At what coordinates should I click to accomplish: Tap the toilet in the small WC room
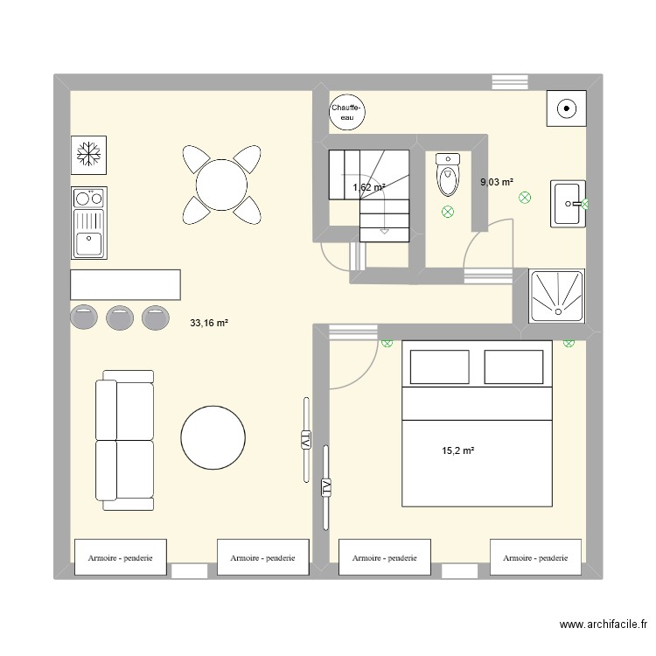(447, 176)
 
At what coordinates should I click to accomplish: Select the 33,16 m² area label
(209, 323)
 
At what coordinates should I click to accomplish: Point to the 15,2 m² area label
(457, 451)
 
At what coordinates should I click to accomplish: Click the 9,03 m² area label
(496, 182)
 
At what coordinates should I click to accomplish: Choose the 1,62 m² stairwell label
(368, 187)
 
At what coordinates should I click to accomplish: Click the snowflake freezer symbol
(87, 155)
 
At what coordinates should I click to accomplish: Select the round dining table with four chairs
(221, 184)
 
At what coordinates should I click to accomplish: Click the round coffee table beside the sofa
(213, 437)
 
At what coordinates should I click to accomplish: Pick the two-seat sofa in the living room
(125, 440)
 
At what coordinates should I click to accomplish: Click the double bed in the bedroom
(477, 424)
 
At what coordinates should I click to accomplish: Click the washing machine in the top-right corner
(566, 109)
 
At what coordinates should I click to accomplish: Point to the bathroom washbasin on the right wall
(567, 204)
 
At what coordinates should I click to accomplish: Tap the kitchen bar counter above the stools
(125, 285)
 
